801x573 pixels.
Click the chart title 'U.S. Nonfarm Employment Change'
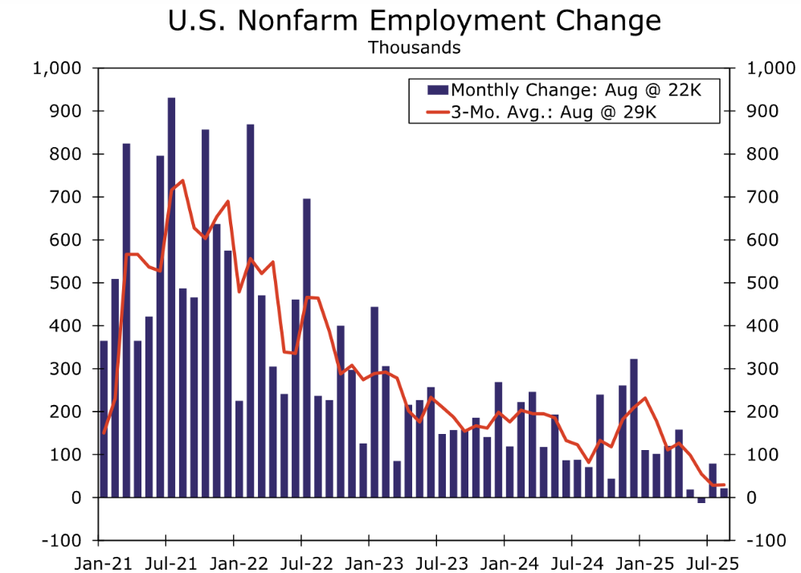click(414, 21)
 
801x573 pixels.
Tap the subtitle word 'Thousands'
click(414, 47)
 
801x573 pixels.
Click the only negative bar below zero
click(701, 500)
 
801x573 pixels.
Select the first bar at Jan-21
click(104, 418)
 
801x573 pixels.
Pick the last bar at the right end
click(724, 493)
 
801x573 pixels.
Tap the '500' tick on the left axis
click(68, 283)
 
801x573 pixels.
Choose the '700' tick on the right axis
click(760, 197)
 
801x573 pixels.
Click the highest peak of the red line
click(183, 180)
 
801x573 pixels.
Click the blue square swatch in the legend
click(439, 89)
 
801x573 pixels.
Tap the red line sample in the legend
click(428, 112)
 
